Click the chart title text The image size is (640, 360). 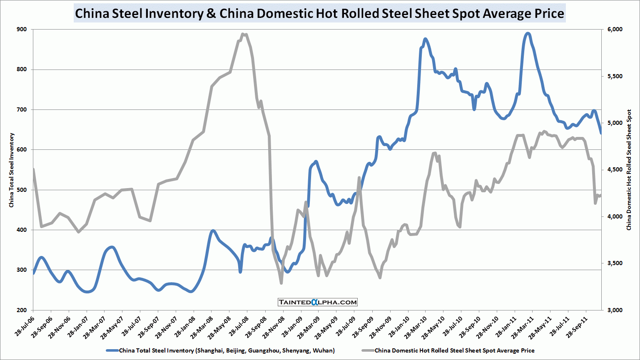319,13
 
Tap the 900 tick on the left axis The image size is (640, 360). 22,30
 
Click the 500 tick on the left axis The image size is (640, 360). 22,190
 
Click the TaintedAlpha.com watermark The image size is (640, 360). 318,302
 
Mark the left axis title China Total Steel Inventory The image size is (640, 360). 12,170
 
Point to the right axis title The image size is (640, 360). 629,170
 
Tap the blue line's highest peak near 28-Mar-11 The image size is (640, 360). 528,33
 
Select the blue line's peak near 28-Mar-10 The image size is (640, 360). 425,39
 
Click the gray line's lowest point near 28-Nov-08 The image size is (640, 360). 281,283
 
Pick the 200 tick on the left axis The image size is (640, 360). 22,310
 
